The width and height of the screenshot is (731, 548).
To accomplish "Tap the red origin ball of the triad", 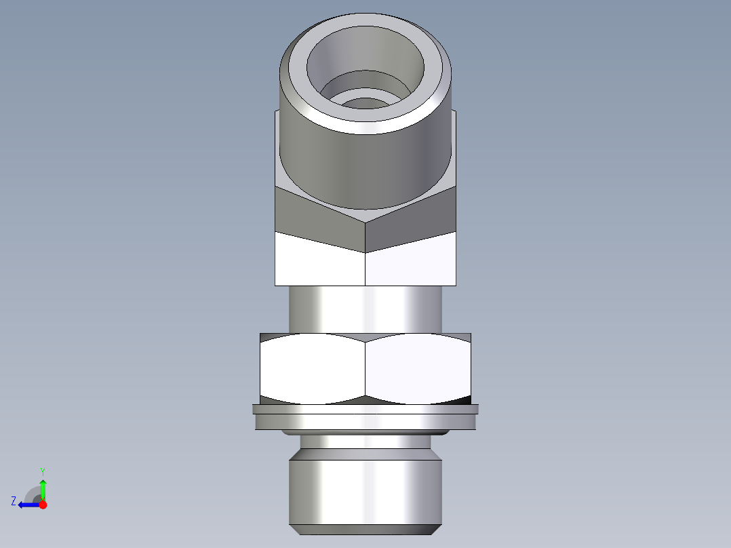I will [43, 505].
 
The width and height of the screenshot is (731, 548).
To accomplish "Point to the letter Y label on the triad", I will [42, 471].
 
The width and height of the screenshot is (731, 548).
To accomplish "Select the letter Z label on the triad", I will [14, 501].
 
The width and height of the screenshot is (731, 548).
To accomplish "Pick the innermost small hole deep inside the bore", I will [366, 104].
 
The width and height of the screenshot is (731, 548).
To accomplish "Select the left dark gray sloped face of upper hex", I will [319, 214].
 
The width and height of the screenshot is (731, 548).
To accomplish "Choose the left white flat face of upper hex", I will [319, 261].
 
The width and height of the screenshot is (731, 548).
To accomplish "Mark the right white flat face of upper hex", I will [410, 261].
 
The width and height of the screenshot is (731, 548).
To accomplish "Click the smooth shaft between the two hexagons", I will [365, 309].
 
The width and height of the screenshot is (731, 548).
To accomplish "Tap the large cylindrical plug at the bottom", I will [365, 492].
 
